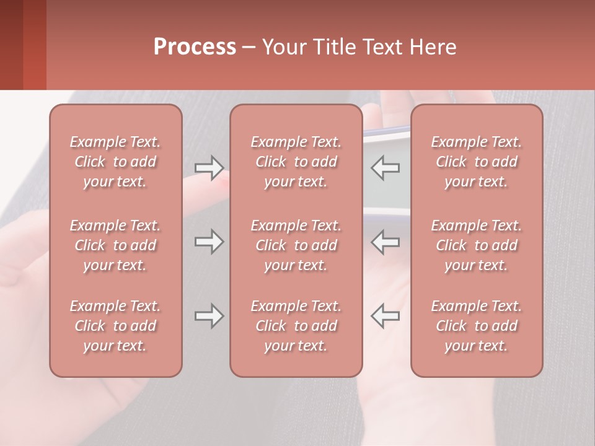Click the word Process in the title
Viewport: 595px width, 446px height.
[195, 47]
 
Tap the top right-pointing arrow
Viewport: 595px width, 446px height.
[209, 167]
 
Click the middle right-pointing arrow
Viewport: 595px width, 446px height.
[209, 242]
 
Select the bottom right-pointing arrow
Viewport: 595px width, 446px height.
[209, 316]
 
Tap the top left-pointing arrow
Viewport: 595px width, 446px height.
[385, 167]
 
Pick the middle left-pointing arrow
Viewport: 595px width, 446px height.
[385, 242]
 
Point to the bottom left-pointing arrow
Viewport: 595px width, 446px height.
[385, 316]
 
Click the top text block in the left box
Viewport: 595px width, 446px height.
[115, 162]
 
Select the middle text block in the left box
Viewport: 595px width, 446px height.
[115, 245]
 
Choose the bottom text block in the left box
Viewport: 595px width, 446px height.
[115, 326]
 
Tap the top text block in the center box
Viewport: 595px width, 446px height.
[296, 162]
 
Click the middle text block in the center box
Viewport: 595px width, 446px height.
[296, 245]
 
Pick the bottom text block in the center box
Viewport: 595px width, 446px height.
[296, 326]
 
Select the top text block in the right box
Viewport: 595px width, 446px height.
[476, 162]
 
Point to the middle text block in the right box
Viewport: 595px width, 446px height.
[476, 245]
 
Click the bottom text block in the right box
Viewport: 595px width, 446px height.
[476, 326]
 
